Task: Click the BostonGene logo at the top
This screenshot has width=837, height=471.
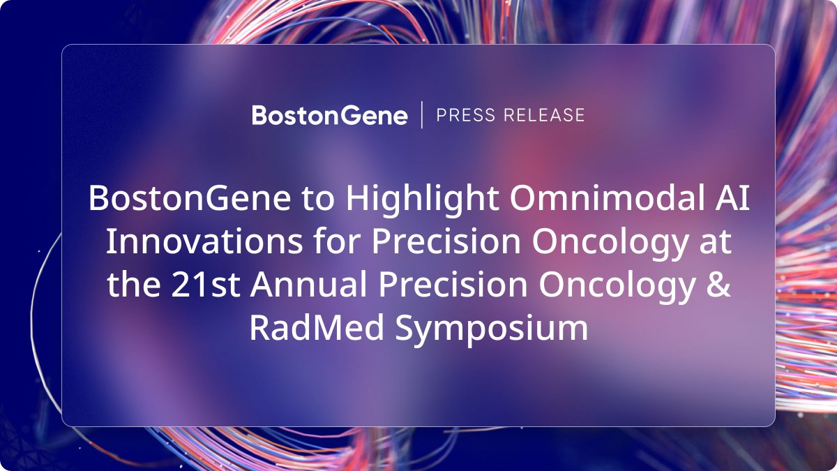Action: click(x=329, y=115)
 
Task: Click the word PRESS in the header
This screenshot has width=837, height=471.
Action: click(x=466, y=115)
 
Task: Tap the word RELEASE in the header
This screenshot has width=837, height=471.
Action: click(x=544, y=115)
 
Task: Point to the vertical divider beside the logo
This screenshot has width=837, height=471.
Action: click(x=422, y=114)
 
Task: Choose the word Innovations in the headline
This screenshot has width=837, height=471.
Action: click(x=204, y=241)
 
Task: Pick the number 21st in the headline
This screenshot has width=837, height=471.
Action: click(x=205, y=284)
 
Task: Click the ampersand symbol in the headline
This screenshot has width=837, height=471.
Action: click(x=718, y=284)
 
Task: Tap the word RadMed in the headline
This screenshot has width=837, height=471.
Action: click(x=317, y=327)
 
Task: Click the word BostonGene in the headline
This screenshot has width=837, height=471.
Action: click(x=190, y=198)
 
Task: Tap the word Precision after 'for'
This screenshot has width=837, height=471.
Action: click(x=446, y=241)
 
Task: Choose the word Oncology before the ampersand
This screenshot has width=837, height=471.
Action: click(x=617, y=285)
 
